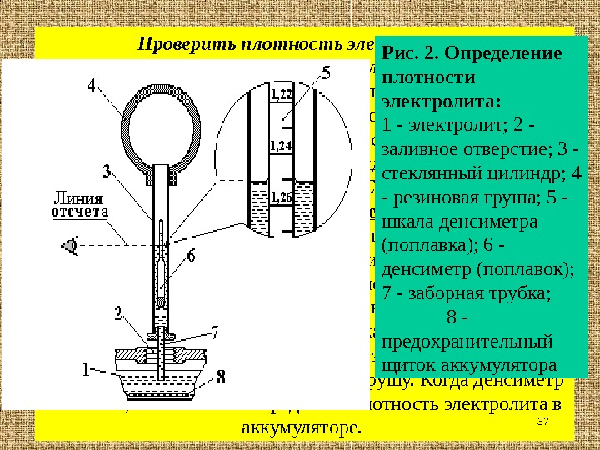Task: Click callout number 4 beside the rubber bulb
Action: pyautogui.click(x=91, y=84)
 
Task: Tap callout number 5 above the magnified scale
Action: pyautogui.click(x=326, y=73)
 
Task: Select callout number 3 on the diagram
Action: pyautogui.click(x=107, y=172)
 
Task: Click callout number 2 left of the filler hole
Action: pyautogui.click(x=118, y=312)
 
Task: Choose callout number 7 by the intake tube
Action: pyautogui.click(x=215, y=331)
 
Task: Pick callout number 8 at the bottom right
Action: pyautogui.click(x=221, y=377)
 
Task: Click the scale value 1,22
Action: pyautogui.click(x=281, y=95)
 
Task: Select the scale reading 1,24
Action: pyautogui.click(x=281, y=147)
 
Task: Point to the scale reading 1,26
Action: pyautogui.click(x=281, y=197)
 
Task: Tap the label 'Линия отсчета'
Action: pyautogui.click(x=79, y=205)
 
